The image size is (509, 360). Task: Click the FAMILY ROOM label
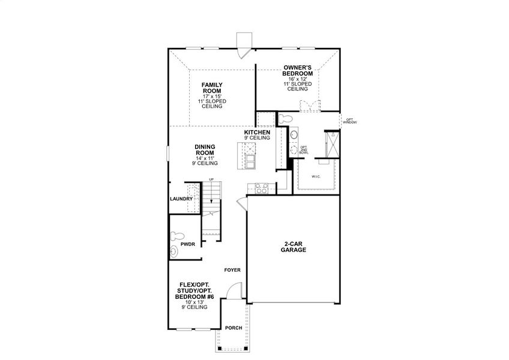(211, 88)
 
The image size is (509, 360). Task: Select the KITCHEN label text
(257, 132)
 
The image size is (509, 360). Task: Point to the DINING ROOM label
(205, 149)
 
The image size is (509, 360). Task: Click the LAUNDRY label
(181, 199)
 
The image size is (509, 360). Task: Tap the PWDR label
(187, 245)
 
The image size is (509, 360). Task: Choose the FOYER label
(232, 270)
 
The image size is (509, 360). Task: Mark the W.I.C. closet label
(316, 177)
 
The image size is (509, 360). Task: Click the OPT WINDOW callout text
(350, 121)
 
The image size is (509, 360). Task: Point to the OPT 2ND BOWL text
(304, 149)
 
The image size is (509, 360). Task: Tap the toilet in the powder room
(176, 235)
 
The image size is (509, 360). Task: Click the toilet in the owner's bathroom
(285, 117)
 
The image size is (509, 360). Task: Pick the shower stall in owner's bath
(331, 143)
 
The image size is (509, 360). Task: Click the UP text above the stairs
(211, 179)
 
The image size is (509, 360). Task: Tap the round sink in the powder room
(175, 252)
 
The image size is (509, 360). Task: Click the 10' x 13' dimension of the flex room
(194, 302)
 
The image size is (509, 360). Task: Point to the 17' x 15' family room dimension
(211, 97)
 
